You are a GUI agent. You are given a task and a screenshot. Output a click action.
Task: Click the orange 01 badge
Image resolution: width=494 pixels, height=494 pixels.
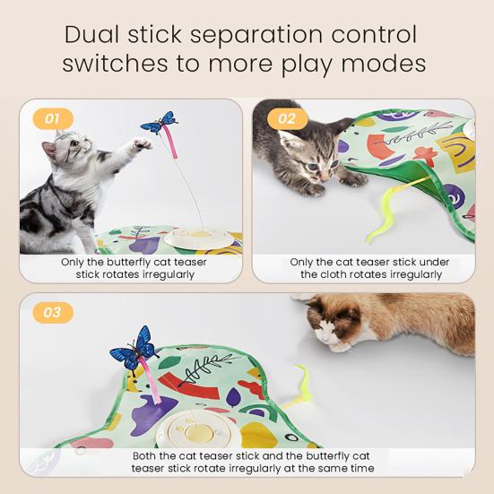(x=52, y=117)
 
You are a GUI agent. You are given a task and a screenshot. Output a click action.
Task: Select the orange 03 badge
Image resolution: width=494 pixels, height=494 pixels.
(x=52, y=312)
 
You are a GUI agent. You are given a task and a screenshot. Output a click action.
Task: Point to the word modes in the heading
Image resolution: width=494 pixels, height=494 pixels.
(x=380, y=65)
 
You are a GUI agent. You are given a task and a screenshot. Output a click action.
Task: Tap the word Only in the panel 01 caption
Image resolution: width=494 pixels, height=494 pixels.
(x=74, y=263)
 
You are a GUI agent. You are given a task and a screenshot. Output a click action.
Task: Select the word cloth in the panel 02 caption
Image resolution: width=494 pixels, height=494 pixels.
(x=337, y=274)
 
